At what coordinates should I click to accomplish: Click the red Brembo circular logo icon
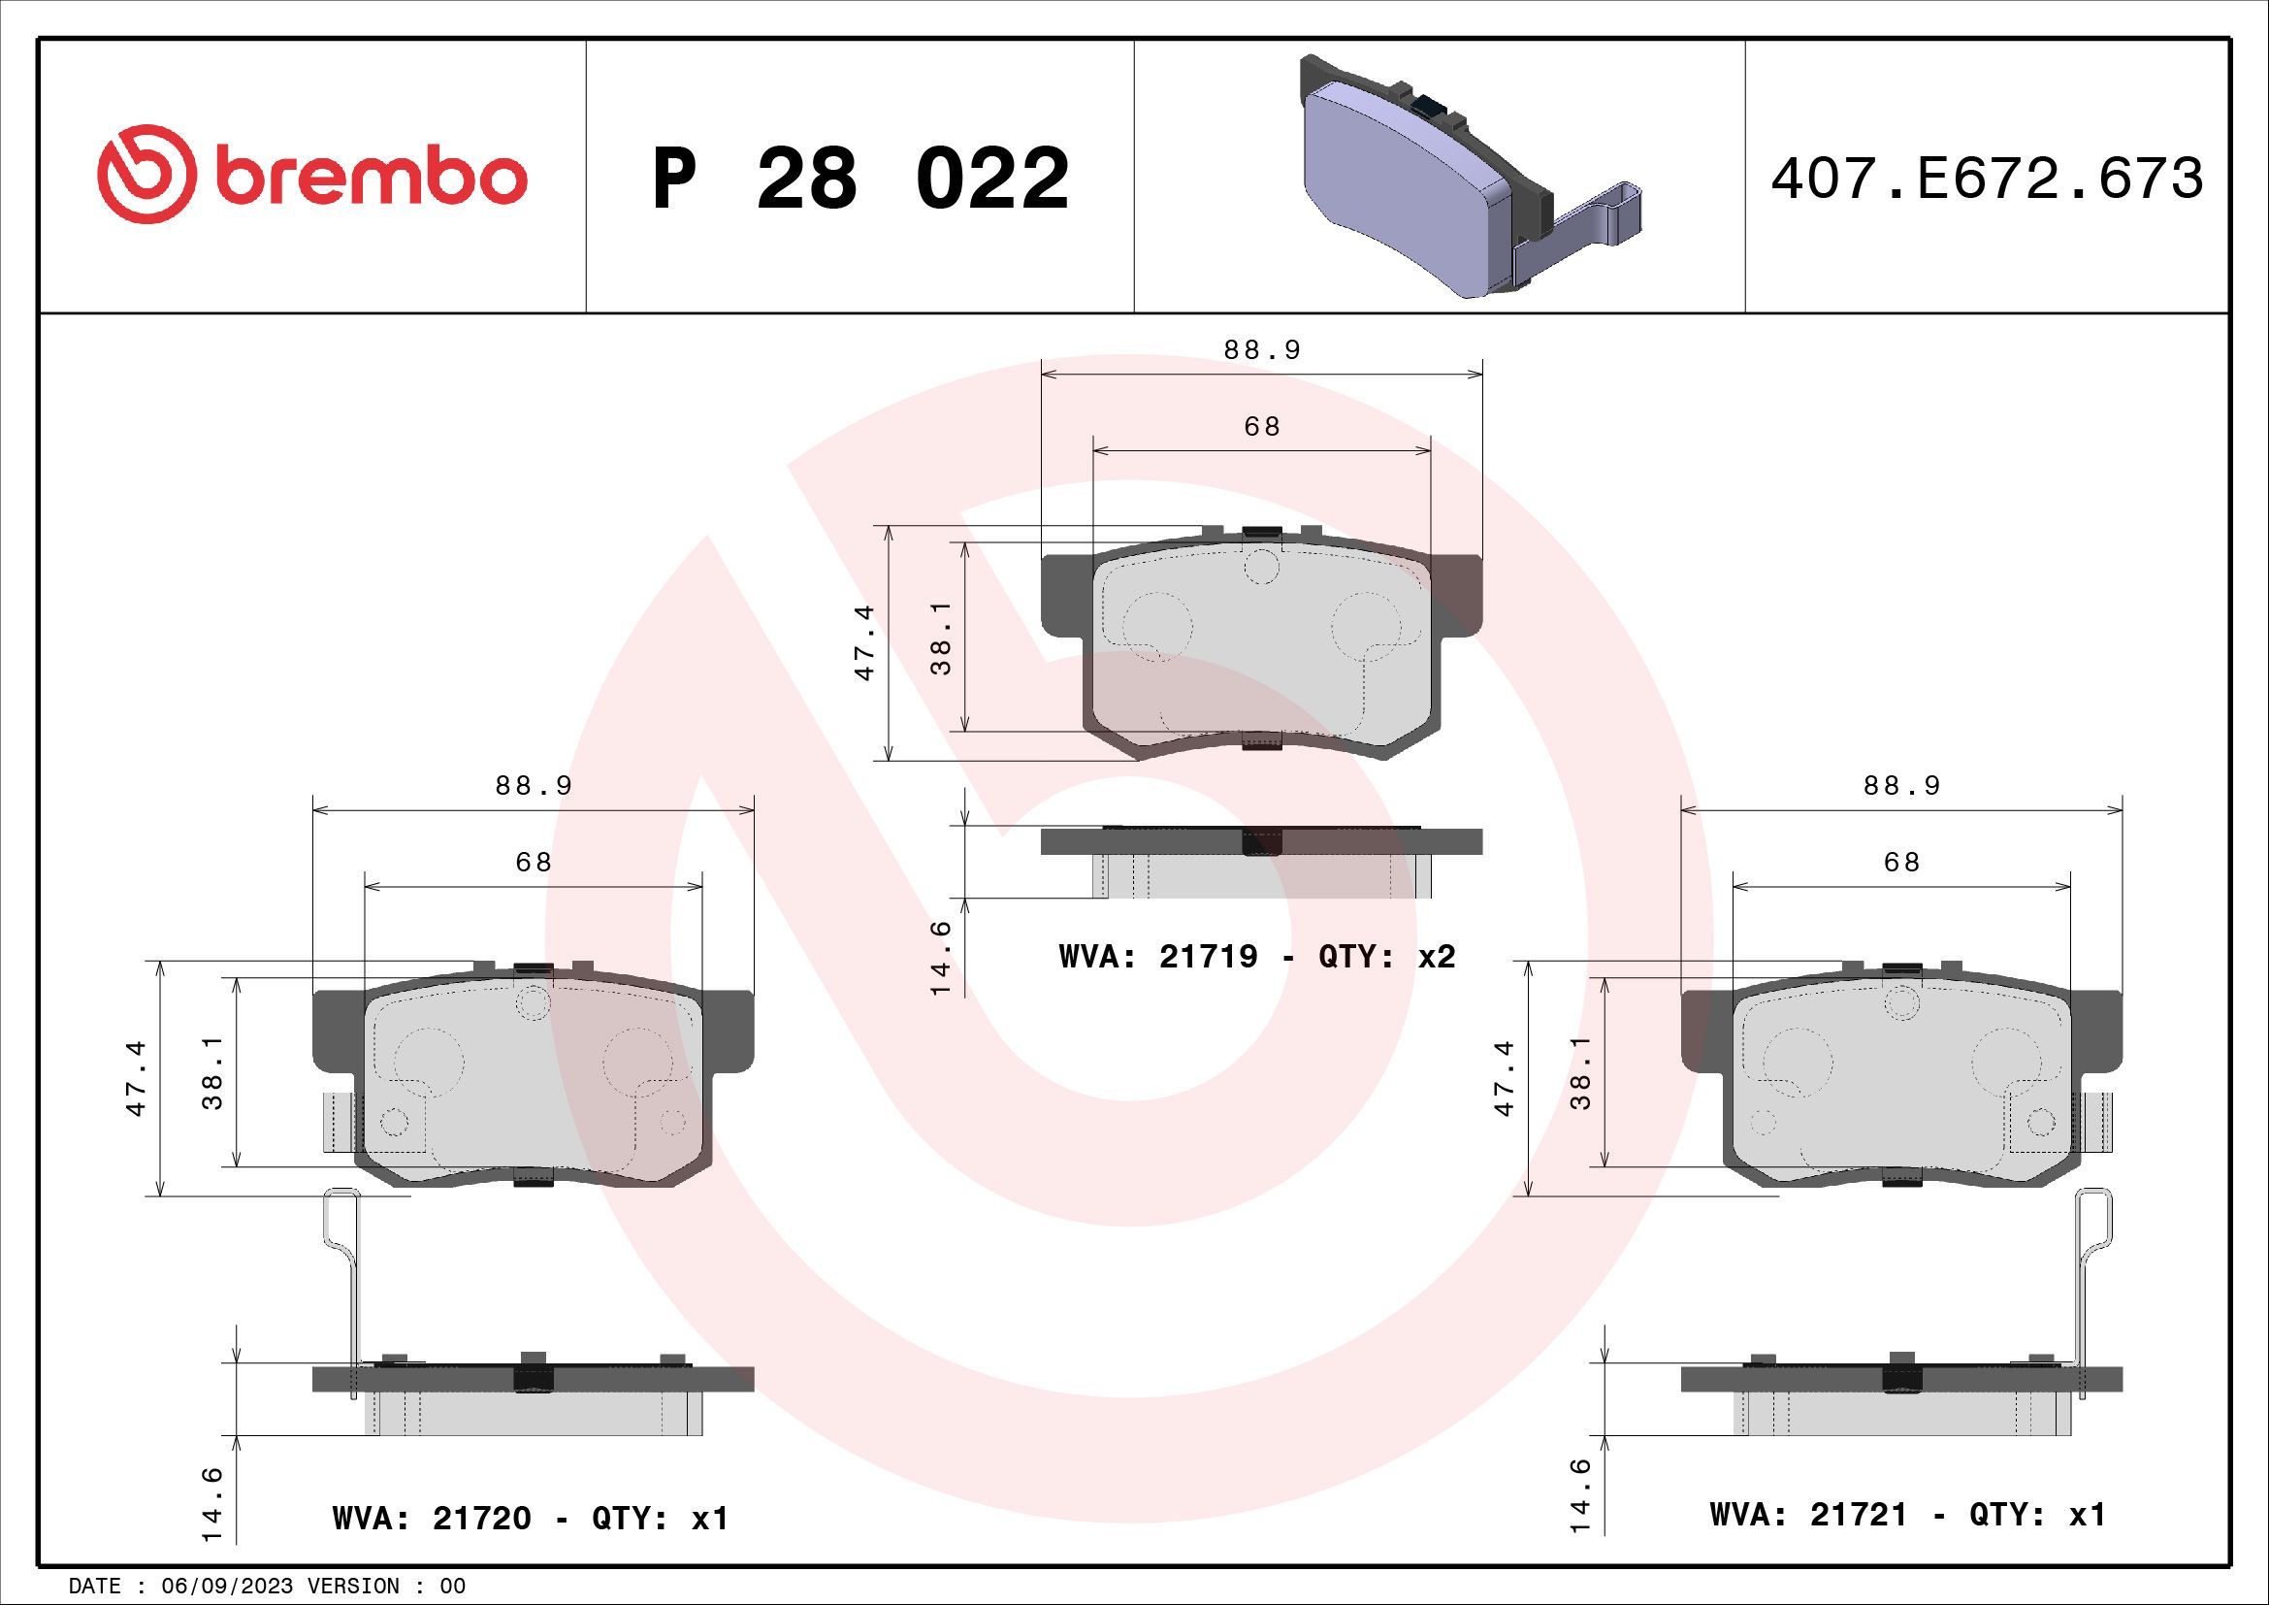point(142,174)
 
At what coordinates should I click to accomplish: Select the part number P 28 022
point(859,179)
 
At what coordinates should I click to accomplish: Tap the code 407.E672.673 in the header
point(1987,179)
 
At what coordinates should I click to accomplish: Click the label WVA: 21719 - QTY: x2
point(1257,957)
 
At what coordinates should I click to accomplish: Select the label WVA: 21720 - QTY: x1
point(531,1518)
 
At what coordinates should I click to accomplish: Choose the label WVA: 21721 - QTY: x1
point(1907,1514)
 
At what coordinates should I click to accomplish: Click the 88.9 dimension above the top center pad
point(1262,350)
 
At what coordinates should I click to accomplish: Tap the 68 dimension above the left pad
point(534,862)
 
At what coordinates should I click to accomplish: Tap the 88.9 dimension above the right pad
point(1901,786)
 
